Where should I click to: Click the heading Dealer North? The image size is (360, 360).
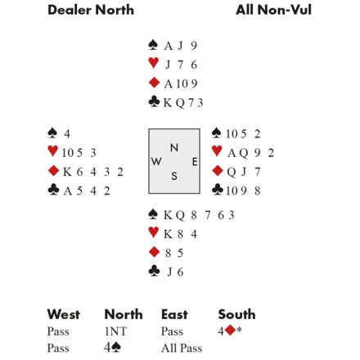click(x=91, y=10)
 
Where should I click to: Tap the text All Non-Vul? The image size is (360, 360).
click(x=273, y=10)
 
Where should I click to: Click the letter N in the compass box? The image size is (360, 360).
click(x=174, y=147)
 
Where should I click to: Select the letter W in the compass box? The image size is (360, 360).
click(x=156, y=161)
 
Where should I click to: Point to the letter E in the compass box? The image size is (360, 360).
click(x=195, y=162)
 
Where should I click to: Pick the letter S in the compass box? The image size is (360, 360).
click(x=174, y=176)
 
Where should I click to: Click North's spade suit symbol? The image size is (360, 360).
click(x=153, y=45)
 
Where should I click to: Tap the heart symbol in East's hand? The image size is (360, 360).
click(x=217, y=151)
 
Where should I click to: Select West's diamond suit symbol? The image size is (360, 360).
click(x=53, y=171)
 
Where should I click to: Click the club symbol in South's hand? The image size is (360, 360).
click(x=154, y=271)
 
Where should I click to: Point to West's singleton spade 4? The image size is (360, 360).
click(x=67, y=134)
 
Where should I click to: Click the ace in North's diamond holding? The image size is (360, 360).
click(x=168, y=83)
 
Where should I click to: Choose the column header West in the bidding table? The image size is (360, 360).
click(x=64, y=314)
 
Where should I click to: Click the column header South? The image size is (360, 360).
click(x=236, y=314)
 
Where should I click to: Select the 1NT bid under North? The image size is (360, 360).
click(x=115, y=331)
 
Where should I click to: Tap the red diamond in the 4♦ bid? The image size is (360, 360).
click(x=230, y=331)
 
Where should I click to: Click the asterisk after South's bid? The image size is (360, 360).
click(x=239, y=330)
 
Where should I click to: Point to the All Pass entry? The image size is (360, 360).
click(x=182, y=348)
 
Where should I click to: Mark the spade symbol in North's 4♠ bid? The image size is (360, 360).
click(x=116, y=347)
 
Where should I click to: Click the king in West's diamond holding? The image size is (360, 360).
click(x=67, y=172)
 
